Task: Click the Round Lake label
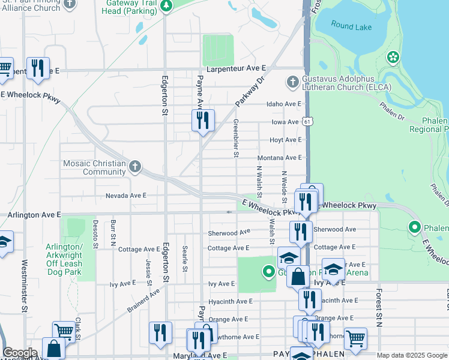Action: pos(351,27)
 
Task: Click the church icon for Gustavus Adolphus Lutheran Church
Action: pos(292,81)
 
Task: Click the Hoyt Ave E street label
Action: pos(285,140)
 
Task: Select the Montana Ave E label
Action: pos(279,158)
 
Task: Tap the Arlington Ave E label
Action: pos(34,214)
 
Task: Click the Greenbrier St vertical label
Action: pos(236,138)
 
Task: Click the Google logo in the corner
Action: pos(20,353)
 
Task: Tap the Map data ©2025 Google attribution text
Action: pos(412,356)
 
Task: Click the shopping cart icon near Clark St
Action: pos(64,331)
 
